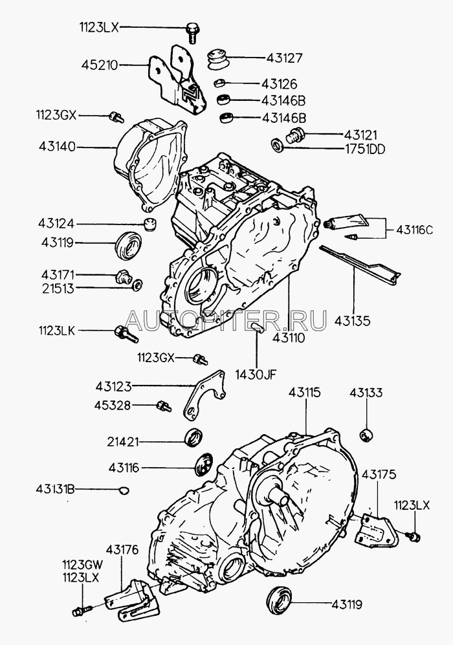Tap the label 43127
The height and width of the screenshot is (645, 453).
[x=284, y=58]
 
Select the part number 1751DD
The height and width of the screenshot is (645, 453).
[x=364, y=149]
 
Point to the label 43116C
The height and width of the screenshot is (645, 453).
[x=414, y=230]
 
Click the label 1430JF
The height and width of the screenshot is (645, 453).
[x=256, y=375]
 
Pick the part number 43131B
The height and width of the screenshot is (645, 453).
[x=55, y=489]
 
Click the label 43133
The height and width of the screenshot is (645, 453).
[x=366, y=393]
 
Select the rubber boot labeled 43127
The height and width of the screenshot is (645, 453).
[x=217, y=58]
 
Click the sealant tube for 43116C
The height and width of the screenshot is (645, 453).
[x=346, y=221]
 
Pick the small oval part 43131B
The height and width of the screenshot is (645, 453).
[x=123, y=490]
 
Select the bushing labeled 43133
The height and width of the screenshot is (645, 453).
[x=366, y=434]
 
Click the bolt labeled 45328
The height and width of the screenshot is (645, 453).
[x=164, y=406]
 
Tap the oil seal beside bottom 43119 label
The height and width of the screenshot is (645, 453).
[x=280, y=600]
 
